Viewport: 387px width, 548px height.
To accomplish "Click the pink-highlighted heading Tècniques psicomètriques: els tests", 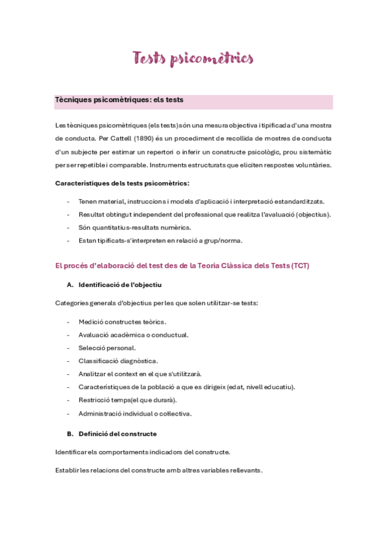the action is pos(120,100).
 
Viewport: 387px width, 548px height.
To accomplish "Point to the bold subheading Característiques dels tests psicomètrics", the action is pos(122,184).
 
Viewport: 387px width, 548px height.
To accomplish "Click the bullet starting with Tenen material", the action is pos(202,202).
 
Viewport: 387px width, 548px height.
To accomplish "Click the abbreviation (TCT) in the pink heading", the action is pos(300,266).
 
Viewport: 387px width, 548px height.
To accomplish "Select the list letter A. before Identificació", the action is pos(70,284).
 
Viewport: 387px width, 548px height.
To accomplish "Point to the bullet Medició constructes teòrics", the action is pos(122,322).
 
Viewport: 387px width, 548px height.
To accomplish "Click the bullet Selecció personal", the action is pos(107,348).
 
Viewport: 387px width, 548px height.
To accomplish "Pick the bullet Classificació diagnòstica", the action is pos(118,361).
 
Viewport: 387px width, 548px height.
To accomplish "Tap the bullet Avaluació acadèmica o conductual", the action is pos(134,335).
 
